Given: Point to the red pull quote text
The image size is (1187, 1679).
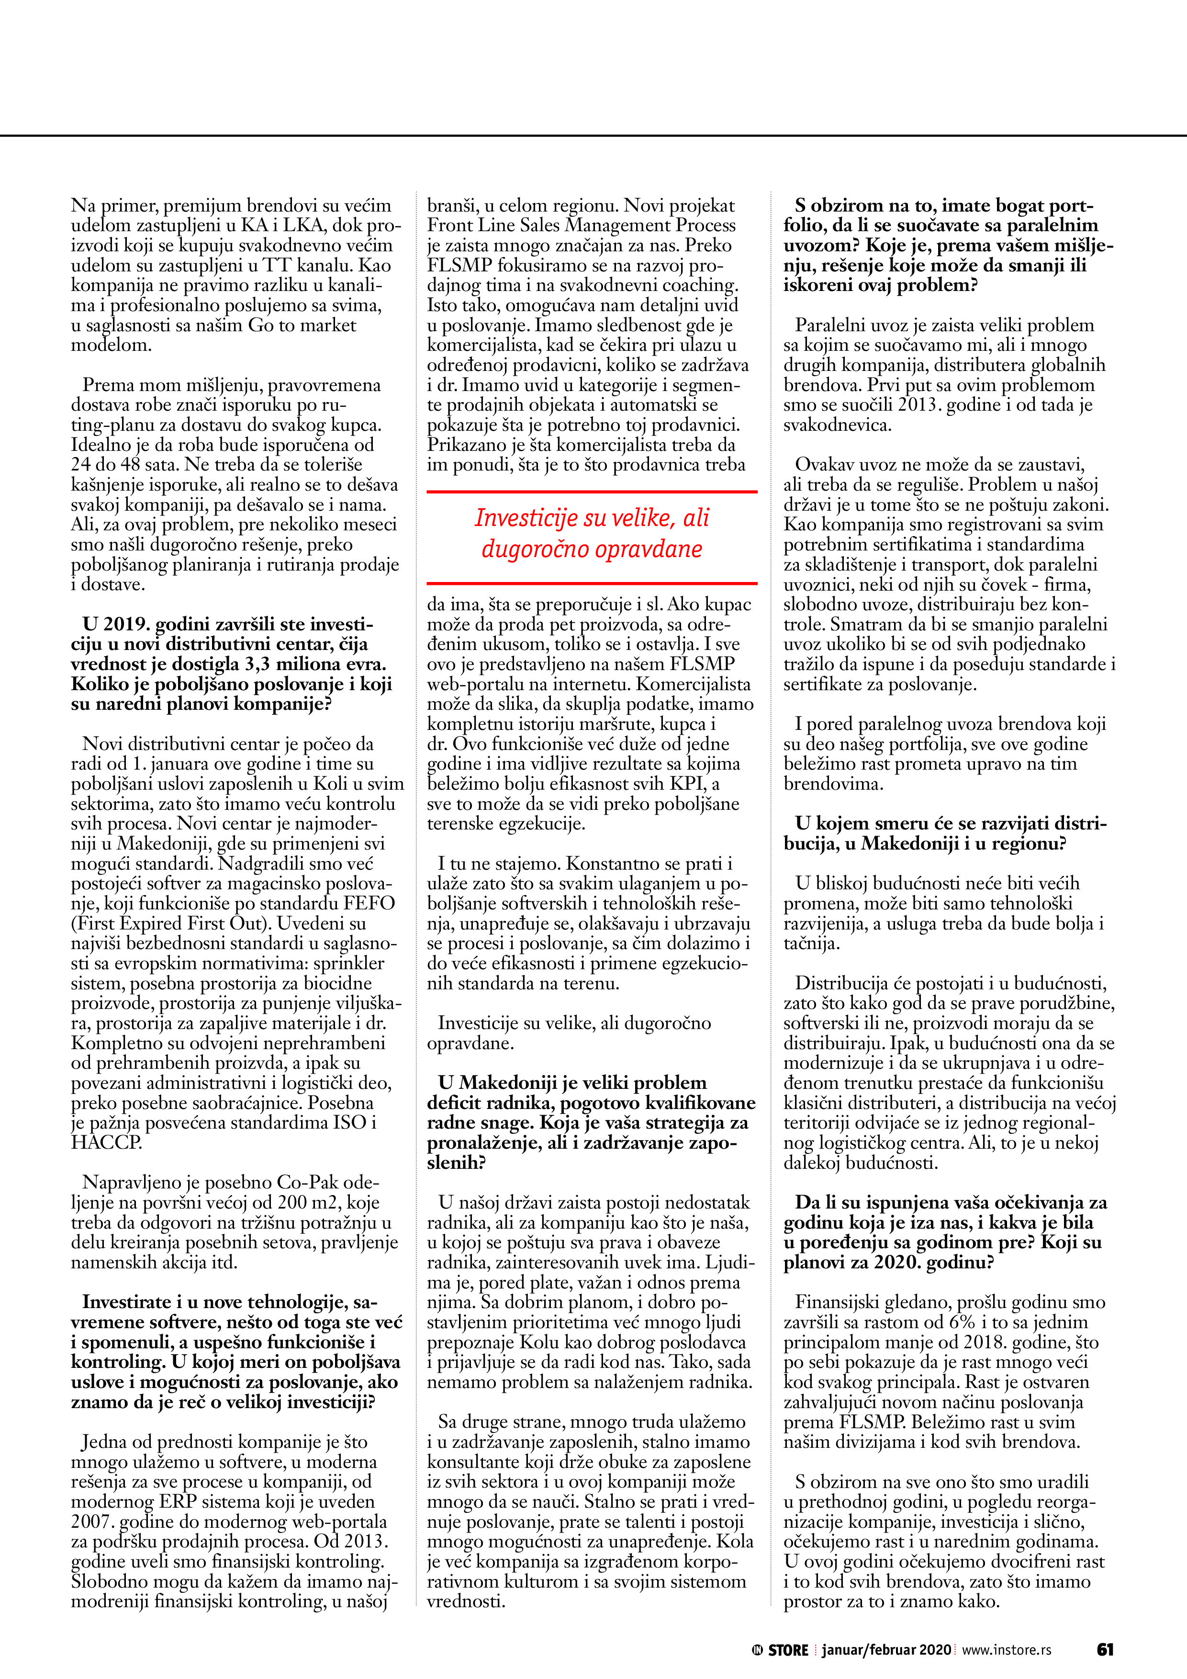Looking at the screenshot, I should click(592, 533).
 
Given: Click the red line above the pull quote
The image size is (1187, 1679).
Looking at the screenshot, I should click(592, 492).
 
